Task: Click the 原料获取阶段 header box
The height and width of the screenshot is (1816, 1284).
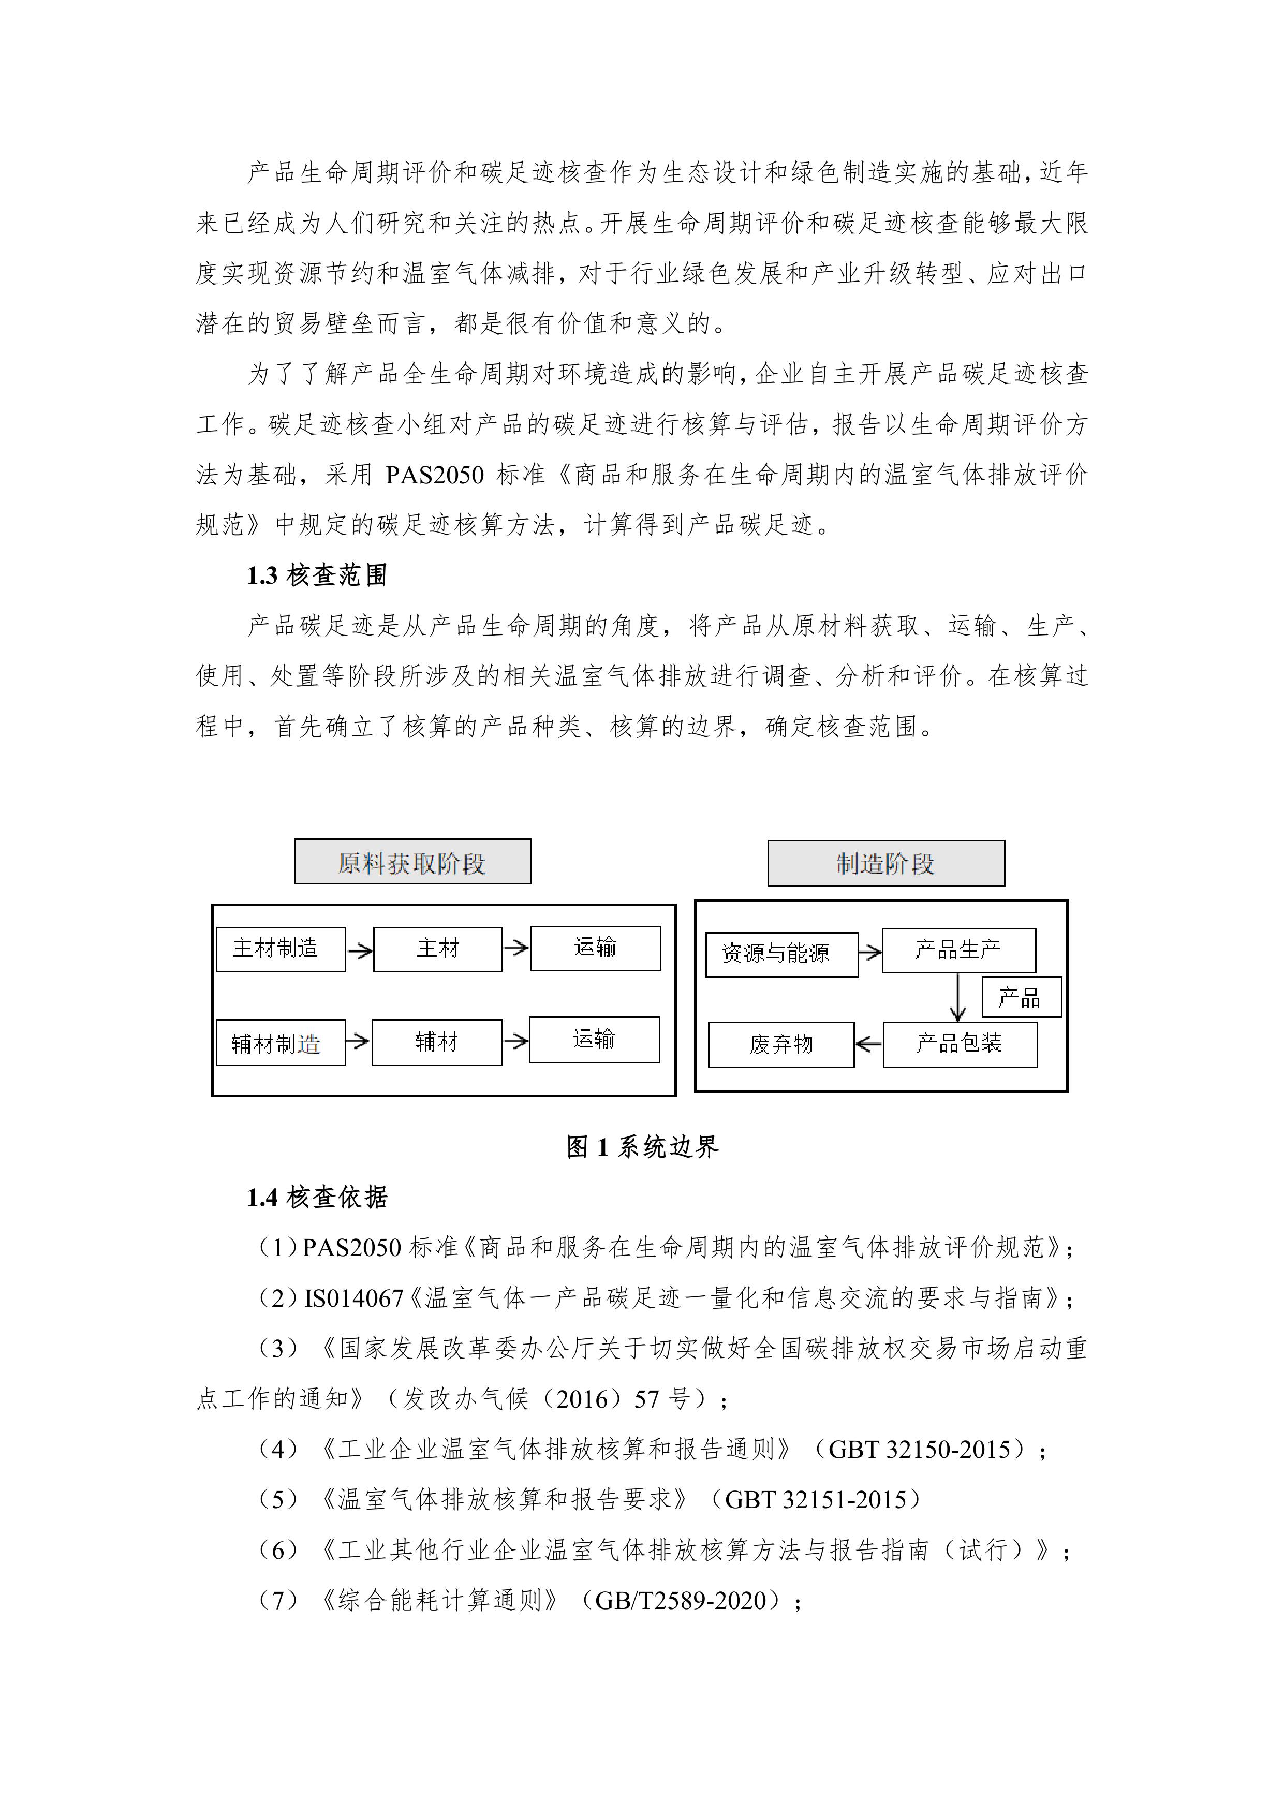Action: (x=412, y=861)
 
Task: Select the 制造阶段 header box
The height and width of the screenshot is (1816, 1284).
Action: (x=885, y=863)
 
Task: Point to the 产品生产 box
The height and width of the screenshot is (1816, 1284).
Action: (x=958, y=950)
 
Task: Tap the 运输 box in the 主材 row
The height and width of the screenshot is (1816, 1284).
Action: (x=595, y=948)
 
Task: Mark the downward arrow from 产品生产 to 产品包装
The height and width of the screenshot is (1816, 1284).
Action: (x=957, y=997)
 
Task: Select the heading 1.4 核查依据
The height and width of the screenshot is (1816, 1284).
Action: (x=316, y=1198)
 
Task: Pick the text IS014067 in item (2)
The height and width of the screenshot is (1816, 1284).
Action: (x=353, y=1298)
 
